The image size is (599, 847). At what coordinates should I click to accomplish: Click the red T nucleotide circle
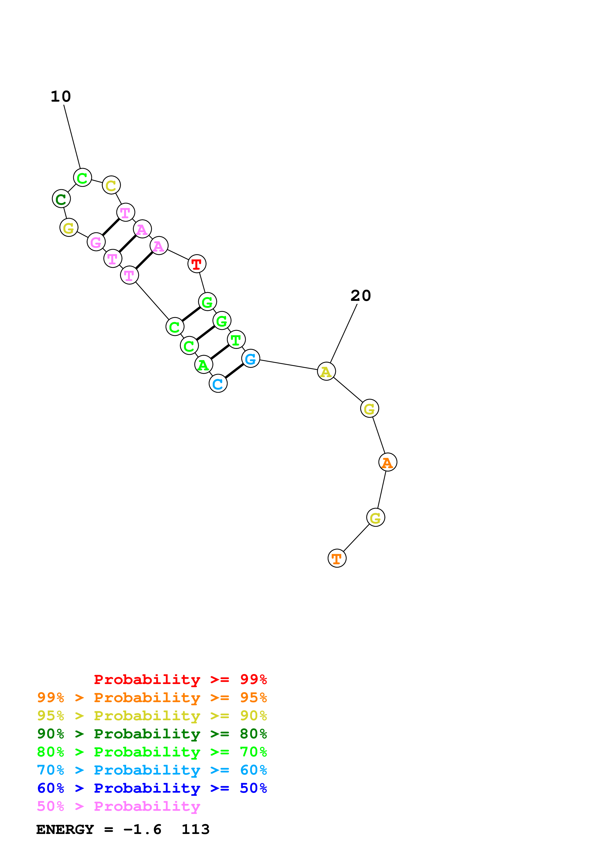[197, 264]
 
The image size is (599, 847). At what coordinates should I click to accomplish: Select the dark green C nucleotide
[61, 199]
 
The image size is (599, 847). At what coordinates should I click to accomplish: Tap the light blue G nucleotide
[251, 358]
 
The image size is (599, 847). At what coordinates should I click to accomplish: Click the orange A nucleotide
[388, 462]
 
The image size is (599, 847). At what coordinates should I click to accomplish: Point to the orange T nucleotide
[337, 558]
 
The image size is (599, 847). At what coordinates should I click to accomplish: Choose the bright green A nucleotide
[203, 365]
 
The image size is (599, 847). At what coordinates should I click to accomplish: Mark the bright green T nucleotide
[236, 339]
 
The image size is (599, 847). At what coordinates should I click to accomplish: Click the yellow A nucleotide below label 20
[326, 372]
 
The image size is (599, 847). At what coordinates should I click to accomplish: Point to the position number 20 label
[361, 296]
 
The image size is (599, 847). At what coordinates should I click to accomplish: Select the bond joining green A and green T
[220, 352]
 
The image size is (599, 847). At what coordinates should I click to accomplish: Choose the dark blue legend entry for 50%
[152, 788]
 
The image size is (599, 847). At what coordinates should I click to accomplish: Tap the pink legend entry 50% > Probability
[118, 807]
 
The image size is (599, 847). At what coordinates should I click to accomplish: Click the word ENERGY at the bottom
[65, 830]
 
